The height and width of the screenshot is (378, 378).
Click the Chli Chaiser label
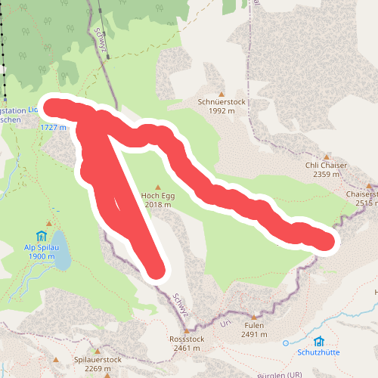point(326,165)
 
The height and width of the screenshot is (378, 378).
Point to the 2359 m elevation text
point(326,175)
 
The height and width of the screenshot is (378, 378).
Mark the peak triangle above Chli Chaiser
point(327,156)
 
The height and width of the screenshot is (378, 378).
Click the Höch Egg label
point(157,195)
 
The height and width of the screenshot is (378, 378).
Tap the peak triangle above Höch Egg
point(158,186)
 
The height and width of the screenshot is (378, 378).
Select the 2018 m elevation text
point(157,204)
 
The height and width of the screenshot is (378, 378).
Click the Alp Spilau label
point(40,247)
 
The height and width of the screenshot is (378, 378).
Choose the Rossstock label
point(187,339)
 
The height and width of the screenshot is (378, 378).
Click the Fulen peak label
point(253,325)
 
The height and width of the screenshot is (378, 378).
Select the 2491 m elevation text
point(253,334)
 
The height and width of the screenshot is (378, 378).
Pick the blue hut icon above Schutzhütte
point(319,342)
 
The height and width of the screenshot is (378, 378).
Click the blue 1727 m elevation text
point(53,127)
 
